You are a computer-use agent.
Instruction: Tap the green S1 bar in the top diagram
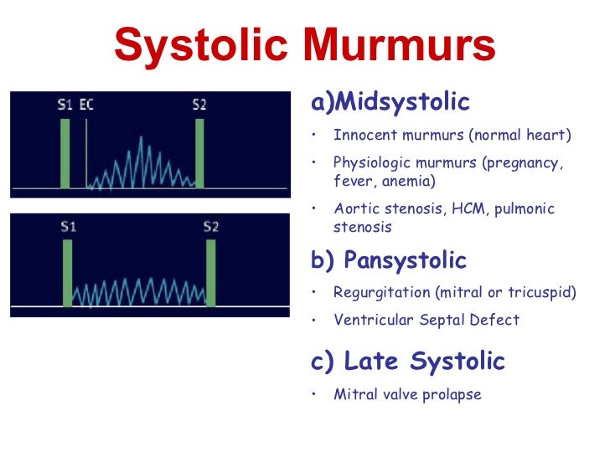click(x=65, y=153)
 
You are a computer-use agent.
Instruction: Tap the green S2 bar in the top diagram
click(x=199, y=153)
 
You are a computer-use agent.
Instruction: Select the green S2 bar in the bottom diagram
click(x=210, y=273)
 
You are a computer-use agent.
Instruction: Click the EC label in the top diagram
click(x=86, y=105)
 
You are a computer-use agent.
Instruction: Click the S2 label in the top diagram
click(x=199, y=105)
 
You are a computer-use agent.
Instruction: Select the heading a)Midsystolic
click(x=390, y=103)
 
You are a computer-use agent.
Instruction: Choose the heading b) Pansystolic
click(x=389, y=260)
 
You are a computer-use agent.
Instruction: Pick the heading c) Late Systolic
click(x=408, y=362)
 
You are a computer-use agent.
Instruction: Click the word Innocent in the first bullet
click(x=362, y=135)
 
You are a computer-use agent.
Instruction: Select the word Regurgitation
click(x=377, y=293)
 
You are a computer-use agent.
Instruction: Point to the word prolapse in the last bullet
click(x=452, y=394)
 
